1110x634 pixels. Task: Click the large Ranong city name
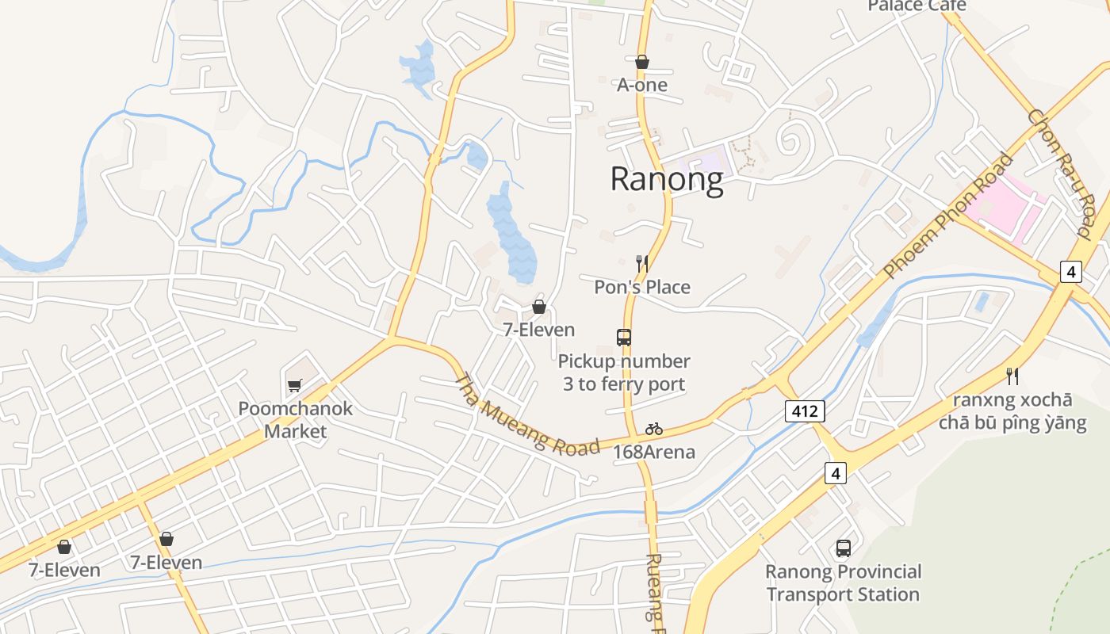[x=667, y=180]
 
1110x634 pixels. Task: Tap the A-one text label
[x=642, y=85]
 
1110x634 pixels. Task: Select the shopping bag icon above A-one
[x=642, y=62]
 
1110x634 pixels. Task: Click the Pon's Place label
[x=642, y=287]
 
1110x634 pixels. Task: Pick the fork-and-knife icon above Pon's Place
[x=642, y=263]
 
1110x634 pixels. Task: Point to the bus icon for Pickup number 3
[x=624, y=338]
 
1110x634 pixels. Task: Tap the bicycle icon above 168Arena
[x=654, y=429]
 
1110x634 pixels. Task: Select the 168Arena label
[x=654, y=453]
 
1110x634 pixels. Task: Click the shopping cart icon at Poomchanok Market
[x=295, y=385]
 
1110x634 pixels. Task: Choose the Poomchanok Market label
[x=296, y=420]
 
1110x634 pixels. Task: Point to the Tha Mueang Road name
[x=526, y=415]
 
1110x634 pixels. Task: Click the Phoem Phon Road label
[x=948, y=216]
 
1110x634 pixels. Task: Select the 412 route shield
[x=805, y=411]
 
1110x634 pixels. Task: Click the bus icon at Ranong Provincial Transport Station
[x=844, y=548]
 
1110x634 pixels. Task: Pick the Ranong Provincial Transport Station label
[x=844, y=583]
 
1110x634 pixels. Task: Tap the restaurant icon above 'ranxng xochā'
[x=1012, y=376]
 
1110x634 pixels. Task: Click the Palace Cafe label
[x=917, y=6]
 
